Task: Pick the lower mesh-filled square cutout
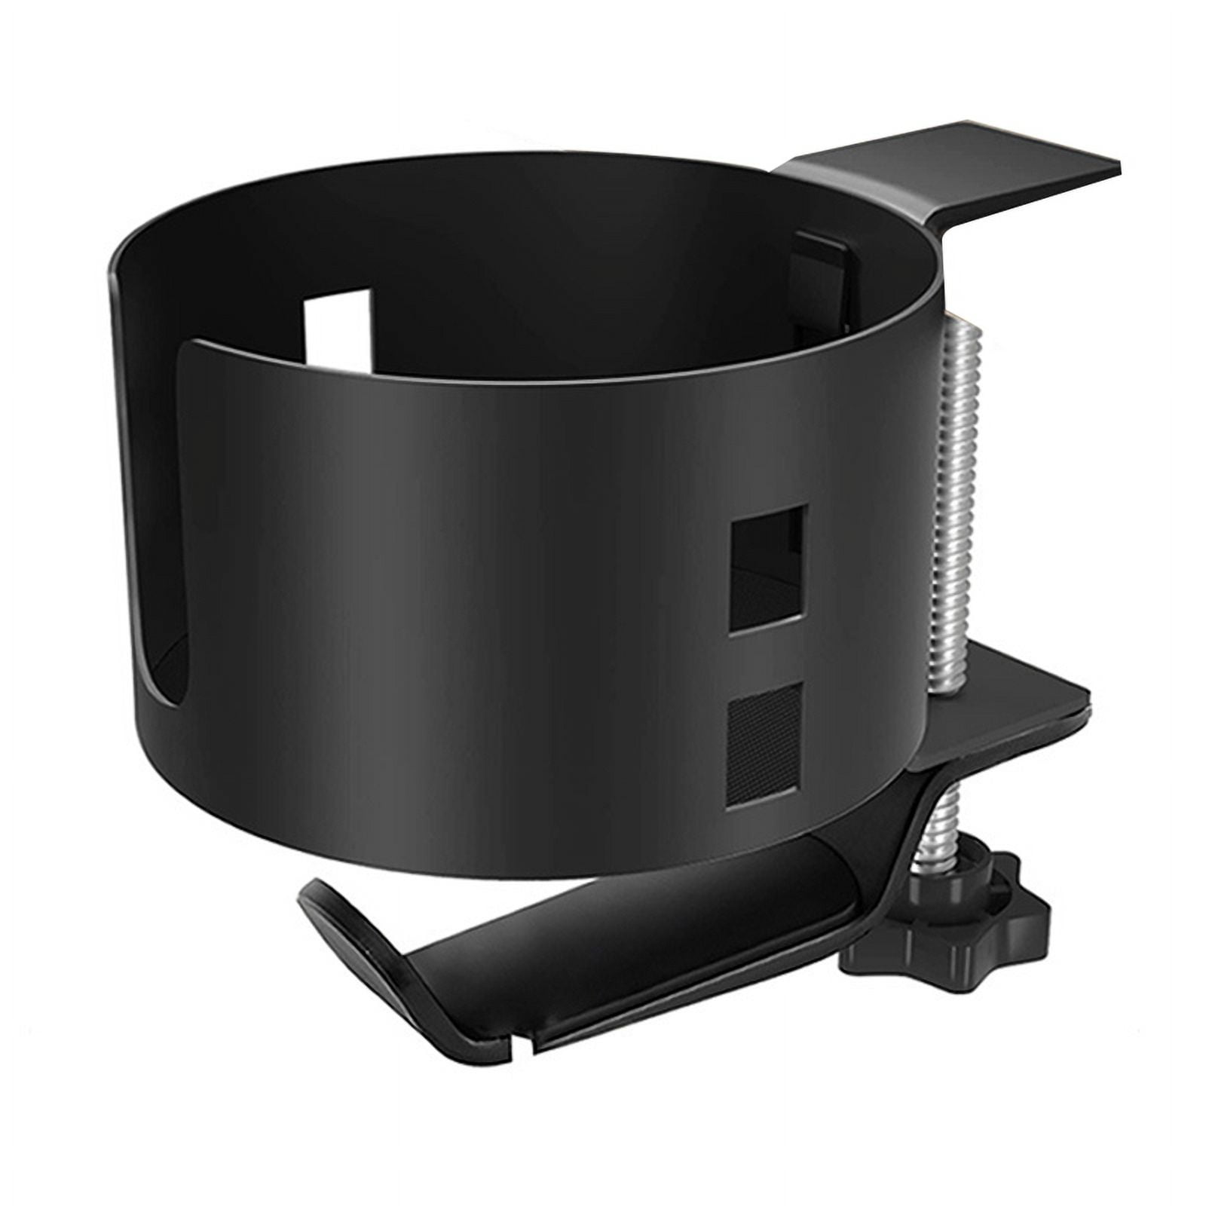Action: (x=764, y=746)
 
